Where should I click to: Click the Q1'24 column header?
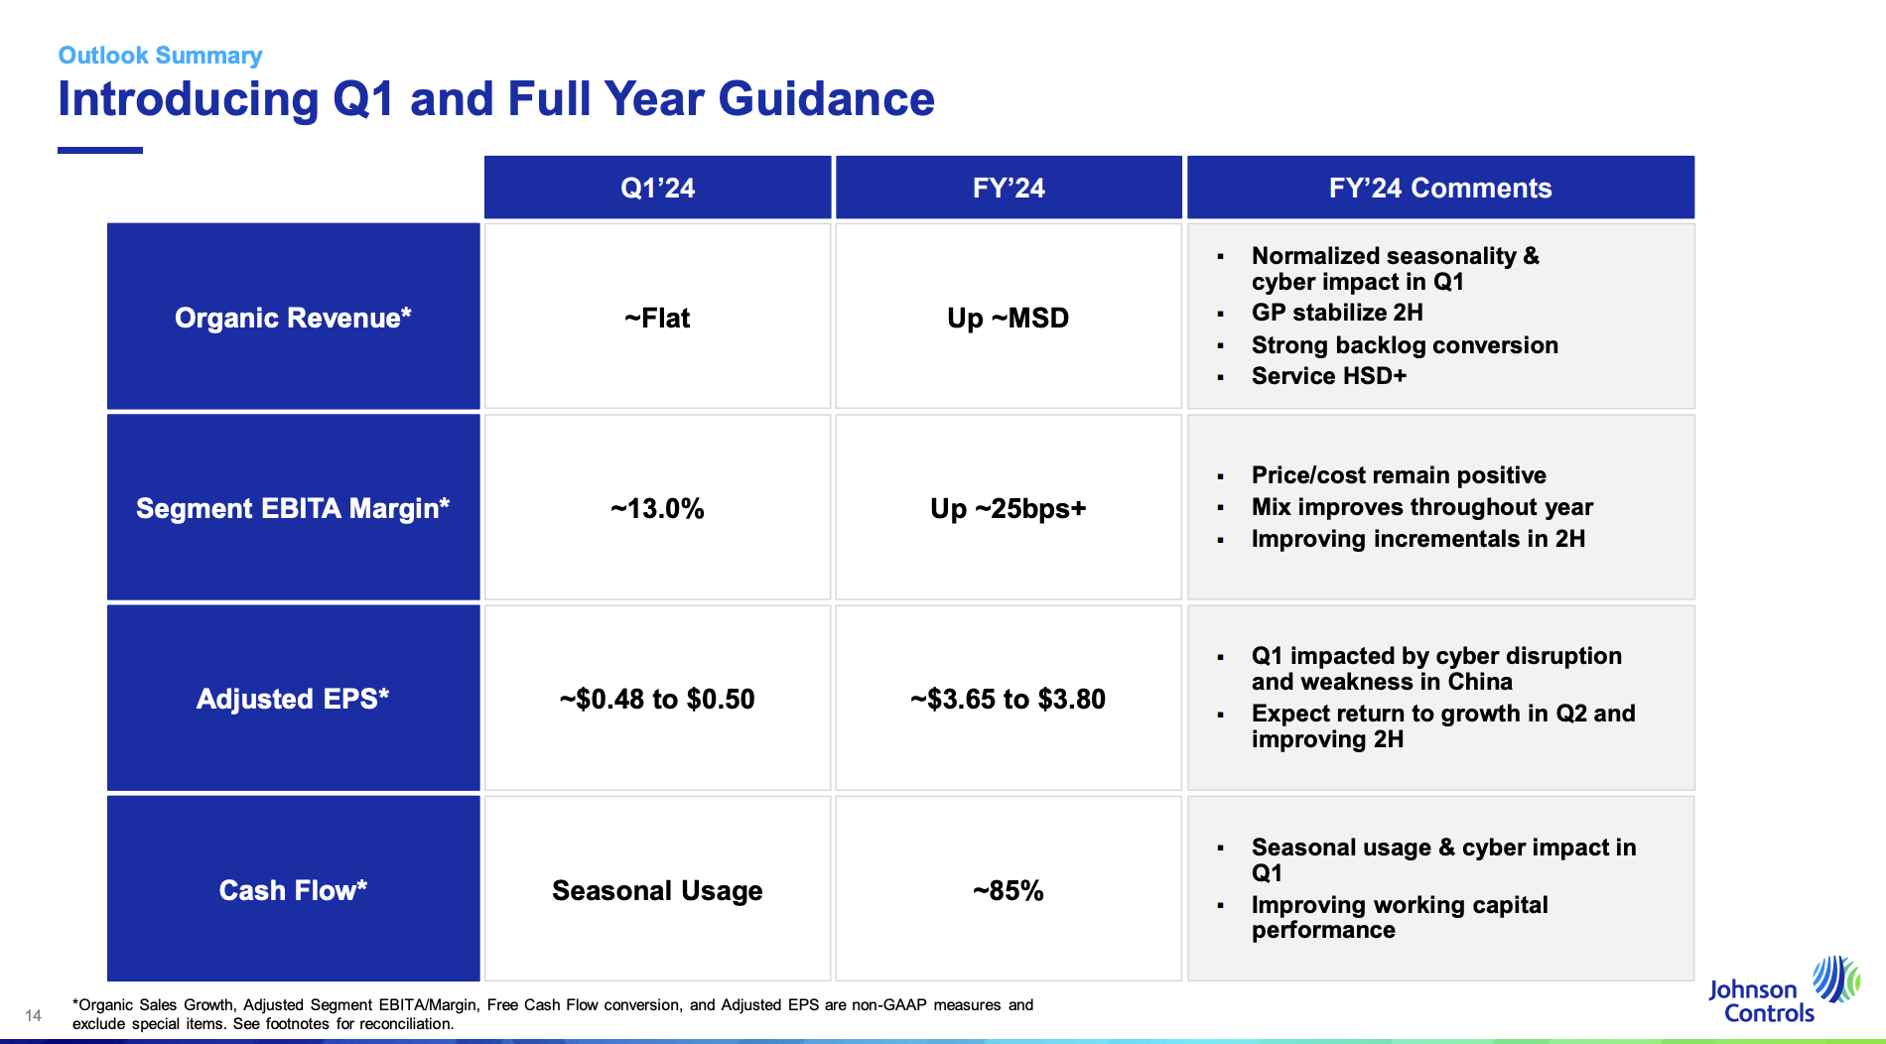(x=657, y=188)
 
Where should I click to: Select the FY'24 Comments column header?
(x=1439, y=188)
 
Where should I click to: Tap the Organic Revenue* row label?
(x=293, y=318)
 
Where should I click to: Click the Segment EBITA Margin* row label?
(x=293, y=508)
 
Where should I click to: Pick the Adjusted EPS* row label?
(x=293, y=699)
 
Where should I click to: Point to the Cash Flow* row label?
(x=293, y=890)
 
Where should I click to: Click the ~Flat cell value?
(x=657, y=319)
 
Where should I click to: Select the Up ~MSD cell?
(x=1008, y=319)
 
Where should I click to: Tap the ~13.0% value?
(x=657, y=509)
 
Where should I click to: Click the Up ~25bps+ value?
(x=1008, y=509)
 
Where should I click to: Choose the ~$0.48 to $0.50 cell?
(x=657, y=700)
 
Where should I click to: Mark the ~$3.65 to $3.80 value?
(x=1008, y=700)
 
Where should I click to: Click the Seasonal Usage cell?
(x=657, y=891)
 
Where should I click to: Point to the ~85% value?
(x=1008, y=891)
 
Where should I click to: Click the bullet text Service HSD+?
(x=1328, y=376)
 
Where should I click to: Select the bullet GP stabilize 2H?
(x=1336, y=313)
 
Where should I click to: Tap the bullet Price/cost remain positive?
(x=1398, y=475)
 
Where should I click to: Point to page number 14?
(x=34, y=1015)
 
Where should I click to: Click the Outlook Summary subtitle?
(x=160, y=56)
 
